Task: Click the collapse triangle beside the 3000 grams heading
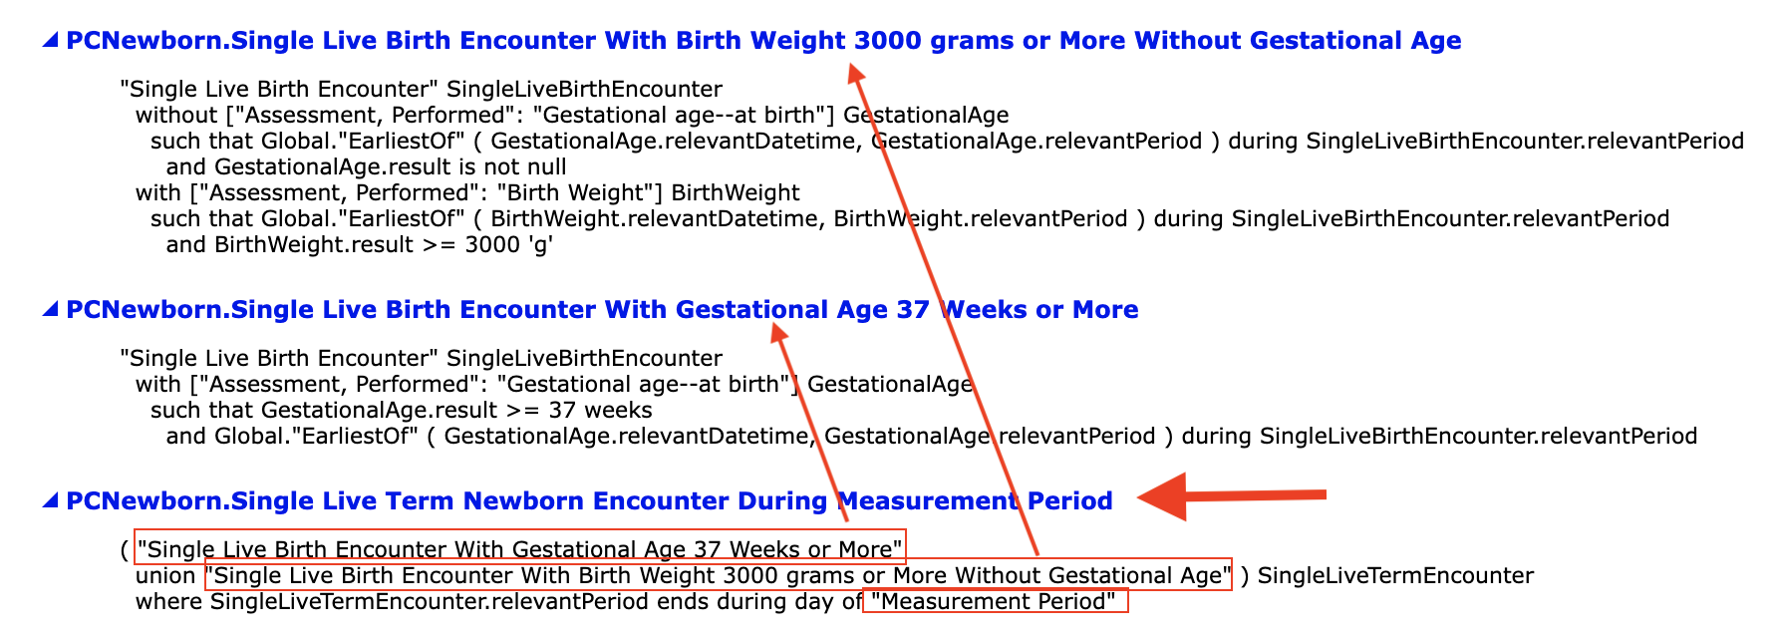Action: pos(51,41)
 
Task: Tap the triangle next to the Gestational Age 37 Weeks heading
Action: pos(51,310)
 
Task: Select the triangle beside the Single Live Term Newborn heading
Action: pos(51,501)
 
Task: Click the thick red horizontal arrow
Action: pos(1231,495)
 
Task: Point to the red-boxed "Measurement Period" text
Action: pos(995,601)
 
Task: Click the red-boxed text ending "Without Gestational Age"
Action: pos(718,575)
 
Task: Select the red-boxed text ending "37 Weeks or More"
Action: pos(520,547)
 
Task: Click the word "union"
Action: pos(165,575)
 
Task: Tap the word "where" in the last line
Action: pos(168,601)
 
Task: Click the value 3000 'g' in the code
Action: pos(508,244)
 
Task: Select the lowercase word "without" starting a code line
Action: pos(176,115)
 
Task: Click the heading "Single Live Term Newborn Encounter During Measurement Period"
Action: pos(589,500)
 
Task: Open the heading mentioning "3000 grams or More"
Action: pos(763,41)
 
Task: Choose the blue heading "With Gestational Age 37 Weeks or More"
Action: pos(602,310)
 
